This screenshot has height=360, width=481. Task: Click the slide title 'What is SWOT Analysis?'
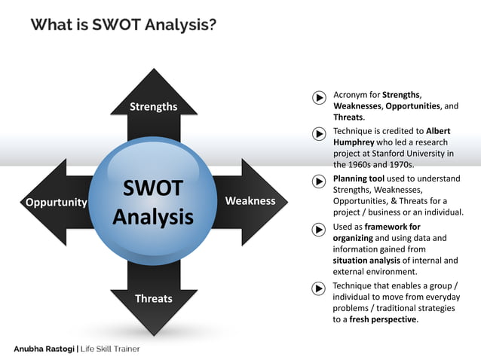pos(124,25)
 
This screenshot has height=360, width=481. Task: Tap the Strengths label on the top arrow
pos(153,106)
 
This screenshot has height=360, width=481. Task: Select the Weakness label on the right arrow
pos(250,201)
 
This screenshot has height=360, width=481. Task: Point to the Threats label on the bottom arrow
pos(153,298)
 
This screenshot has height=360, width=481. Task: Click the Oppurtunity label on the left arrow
pos(57,202)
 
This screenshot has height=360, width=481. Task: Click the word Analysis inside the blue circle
pos(153,217)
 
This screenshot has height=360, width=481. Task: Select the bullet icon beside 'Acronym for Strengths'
pos(319,96)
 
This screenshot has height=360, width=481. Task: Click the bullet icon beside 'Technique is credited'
pos(319,133)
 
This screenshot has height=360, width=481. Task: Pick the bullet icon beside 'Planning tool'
pos(319,180)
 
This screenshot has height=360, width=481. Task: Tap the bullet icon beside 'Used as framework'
pos(319,228)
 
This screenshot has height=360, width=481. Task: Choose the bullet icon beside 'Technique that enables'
pos(319,288)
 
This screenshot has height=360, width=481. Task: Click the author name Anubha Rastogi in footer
pos(47,349)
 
